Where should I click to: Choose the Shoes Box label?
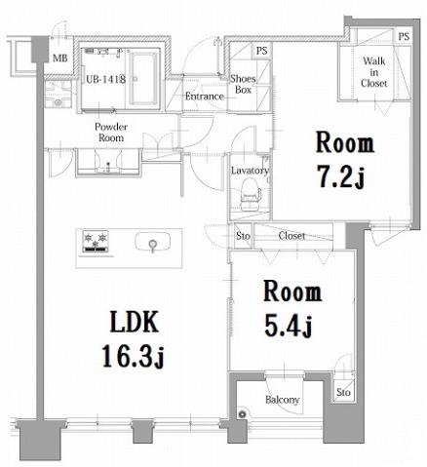click(244, 86)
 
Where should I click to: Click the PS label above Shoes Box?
click(260, 51)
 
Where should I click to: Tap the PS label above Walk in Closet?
click(403, 36)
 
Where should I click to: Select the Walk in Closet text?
click(374, 72)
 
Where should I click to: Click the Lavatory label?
click(250, 170)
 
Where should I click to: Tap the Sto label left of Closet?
click(242, 236)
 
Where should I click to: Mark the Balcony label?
click(282, 400)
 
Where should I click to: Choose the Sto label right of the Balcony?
click(342, 393)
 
